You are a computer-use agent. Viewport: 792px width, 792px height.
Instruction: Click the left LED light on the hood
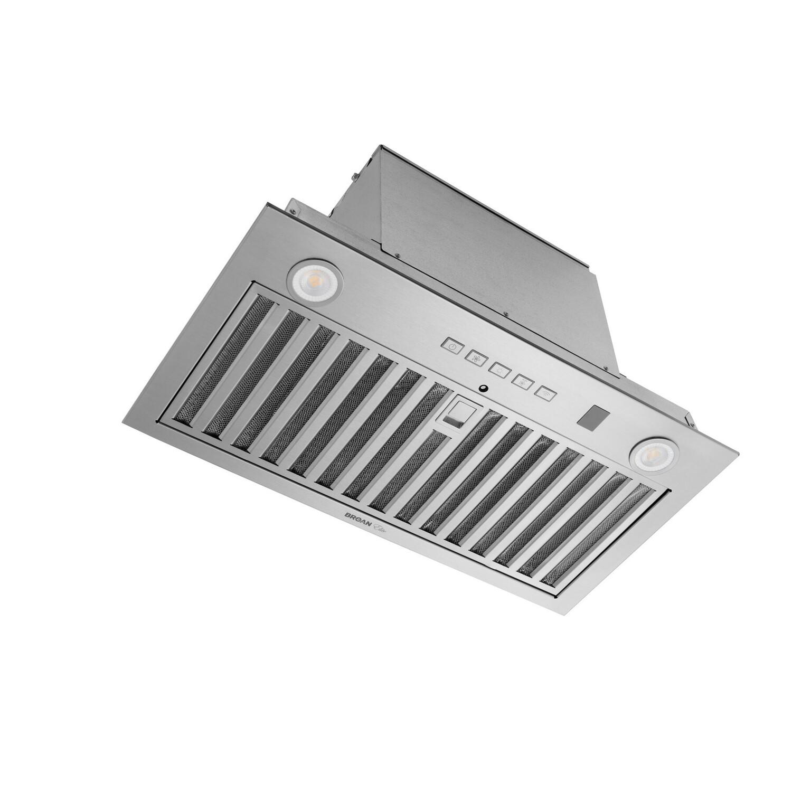[x=314, y=278]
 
